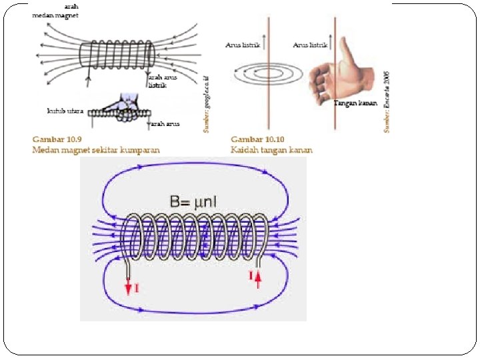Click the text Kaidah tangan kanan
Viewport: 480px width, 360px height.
pyautogui.click(x=271, y=150)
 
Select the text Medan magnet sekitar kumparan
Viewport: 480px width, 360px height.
pyautogui.click(x=96, y=150)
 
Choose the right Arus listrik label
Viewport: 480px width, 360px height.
pyautogui.click(x=310, y=45)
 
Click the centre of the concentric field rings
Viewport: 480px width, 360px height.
pyautogui.click(x=268, y=75)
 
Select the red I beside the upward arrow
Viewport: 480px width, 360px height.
pyautogui.click(x=251, y=275)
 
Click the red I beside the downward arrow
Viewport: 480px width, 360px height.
pyautogui.click(x=137, y=288)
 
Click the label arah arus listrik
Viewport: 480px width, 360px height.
pyautogui.click(x=159, y=81)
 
